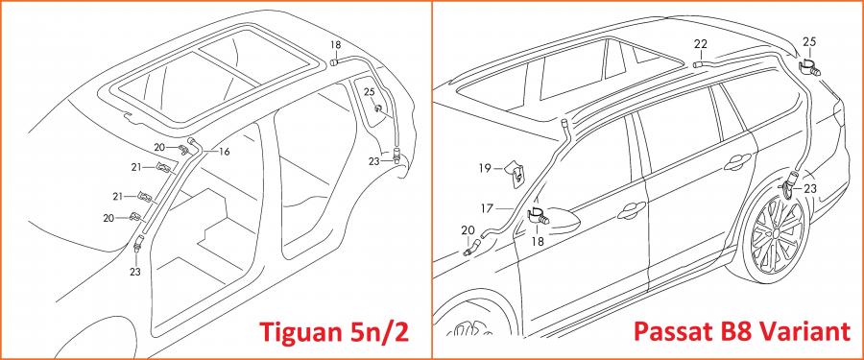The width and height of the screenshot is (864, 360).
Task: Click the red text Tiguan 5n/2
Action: click(334, 331)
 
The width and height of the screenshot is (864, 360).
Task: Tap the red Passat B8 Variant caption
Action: click(742, 331)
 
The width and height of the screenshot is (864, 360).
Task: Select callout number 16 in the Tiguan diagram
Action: click(225, 152)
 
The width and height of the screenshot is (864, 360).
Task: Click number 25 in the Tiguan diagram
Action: click(370, 91)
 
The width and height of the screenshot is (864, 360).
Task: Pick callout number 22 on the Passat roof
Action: click(701, 43)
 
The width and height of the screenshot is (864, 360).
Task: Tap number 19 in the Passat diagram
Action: click(485, 169)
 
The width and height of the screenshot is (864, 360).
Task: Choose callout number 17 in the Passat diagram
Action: click(487, 209)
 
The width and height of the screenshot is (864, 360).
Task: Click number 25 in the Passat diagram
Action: click(809, 41)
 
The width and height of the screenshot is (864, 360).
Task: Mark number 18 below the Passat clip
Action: click(538, 241)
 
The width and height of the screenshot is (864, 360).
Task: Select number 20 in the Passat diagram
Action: click(468, 229)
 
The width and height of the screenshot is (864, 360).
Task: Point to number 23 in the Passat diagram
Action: click(810, 189)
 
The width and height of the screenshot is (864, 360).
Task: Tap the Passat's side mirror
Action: click(564, 219)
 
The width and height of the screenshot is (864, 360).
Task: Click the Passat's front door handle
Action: click(632, 209)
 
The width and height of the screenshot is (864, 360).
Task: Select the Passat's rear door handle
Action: click(738, 162)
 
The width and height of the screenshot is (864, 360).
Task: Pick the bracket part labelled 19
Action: click(515, 173)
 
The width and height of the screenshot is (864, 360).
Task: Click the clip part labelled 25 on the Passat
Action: click(808, 65)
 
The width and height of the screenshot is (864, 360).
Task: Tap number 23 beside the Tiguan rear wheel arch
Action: click(374, 161)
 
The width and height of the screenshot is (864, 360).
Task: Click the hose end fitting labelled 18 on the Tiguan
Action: click(334, 62)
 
